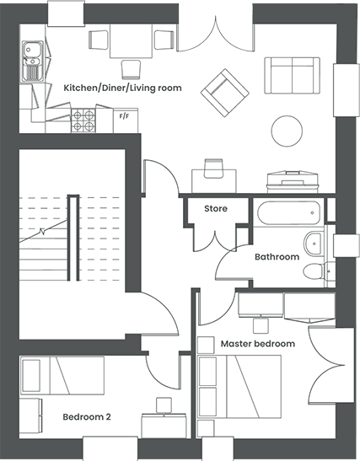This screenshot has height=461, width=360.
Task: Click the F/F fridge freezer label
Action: click(x=124, y=116)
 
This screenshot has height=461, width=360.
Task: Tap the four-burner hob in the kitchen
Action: click(x=83, y=121)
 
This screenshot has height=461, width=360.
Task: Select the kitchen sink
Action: click(x=32, y=62)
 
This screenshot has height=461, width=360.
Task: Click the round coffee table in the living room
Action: click(x=287, y=131)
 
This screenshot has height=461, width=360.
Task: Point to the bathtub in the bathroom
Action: click(x=288, y=212)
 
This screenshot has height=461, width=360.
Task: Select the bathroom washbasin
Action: click(x=314, y=244)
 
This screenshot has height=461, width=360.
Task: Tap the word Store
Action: click(x=216, y=209)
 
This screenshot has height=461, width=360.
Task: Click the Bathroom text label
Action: click(x=277, y=257)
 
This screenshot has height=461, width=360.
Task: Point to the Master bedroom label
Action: click(x=258, y=344)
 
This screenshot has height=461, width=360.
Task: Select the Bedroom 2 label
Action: click(x=87, y=417)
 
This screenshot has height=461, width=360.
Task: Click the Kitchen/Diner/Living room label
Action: click(x=122, y=88)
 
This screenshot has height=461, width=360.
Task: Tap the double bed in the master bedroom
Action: click(x=239, y=387)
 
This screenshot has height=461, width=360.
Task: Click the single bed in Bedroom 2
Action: click(x=62, y=375)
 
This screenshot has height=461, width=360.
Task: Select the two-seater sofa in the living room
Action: click(x=292, y=76)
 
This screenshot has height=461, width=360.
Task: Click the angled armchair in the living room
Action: click(x=225, y=93)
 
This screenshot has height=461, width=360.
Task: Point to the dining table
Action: click(x=132, y=40)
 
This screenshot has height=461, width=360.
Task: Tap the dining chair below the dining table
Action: click(x=131, y=70)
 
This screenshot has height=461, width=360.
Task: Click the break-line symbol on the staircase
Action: click(x=43, y=232)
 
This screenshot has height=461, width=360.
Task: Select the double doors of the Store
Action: click(x=215, y=242)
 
